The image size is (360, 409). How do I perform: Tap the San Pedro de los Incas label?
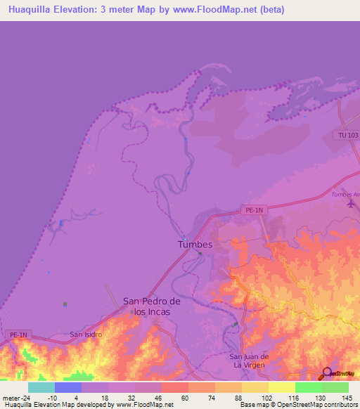click(153, 306)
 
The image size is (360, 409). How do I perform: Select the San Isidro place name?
click(86, 335)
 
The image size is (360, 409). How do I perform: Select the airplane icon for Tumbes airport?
click(351, 204)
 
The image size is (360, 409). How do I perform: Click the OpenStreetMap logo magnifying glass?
click(326, 374)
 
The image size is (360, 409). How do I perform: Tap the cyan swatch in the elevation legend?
click(41, 387)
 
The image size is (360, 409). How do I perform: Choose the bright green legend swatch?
click(309, 387)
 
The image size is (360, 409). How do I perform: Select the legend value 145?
click(345, 397)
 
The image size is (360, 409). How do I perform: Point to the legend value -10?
click(51, 397)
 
